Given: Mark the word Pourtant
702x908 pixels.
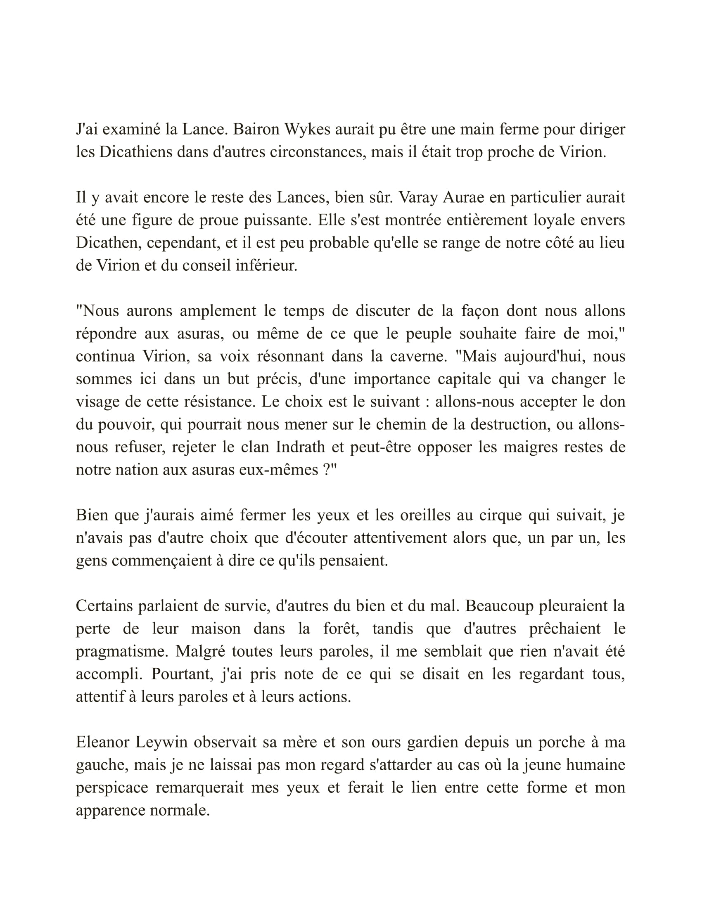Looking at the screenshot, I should coord(182,674).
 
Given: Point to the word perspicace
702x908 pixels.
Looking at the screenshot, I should coord(111,788).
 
